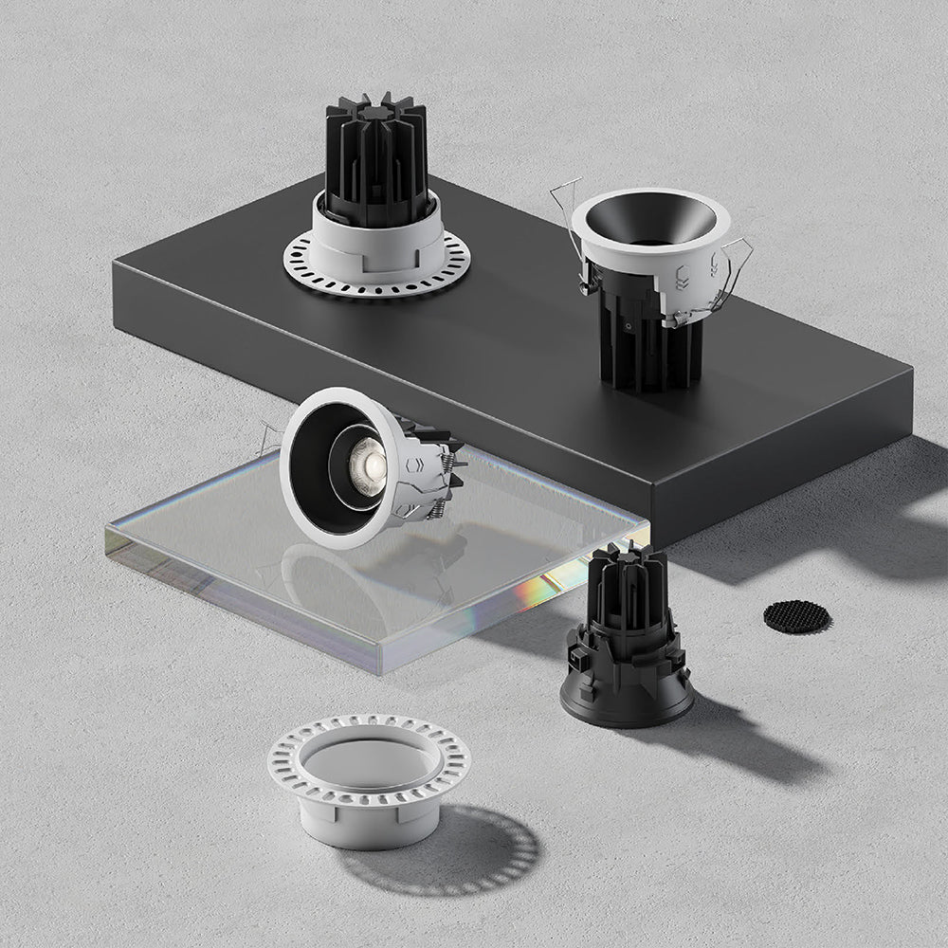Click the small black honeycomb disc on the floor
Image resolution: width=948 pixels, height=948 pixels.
point(796,617)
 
